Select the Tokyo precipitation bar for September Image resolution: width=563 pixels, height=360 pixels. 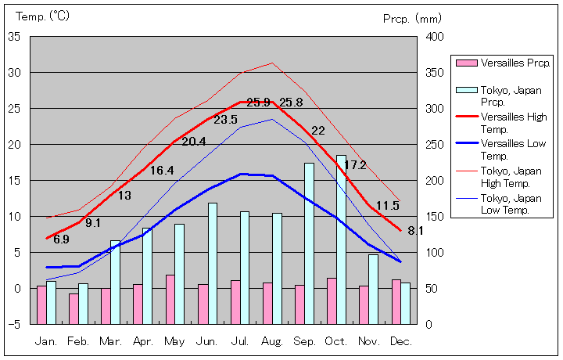coord(309,243)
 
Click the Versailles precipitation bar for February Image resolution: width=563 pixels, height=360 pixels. coord(74,308)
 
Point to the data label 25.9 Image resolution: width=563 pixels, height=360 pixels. coord(258,103)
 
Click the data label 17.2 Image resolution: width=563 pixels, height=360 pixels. coord(355,165)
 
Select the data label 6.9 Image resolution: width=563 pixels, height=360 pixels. coord(61,239)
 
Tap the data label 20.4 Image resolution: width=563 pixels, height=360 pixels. coord(194,142)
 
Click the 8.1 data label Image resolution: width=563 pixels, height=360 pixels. coord(415,230)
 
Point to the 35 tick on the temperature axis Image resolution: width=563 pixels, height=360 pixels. coord(15,37)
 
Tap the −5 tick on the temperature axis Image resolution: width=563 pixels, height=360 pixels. coord(15,324)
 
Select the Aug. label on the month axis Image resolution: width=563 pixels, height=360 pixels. coord(272,342)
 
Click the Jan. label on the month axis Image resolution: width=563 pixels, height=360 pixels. coord(46,342)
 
